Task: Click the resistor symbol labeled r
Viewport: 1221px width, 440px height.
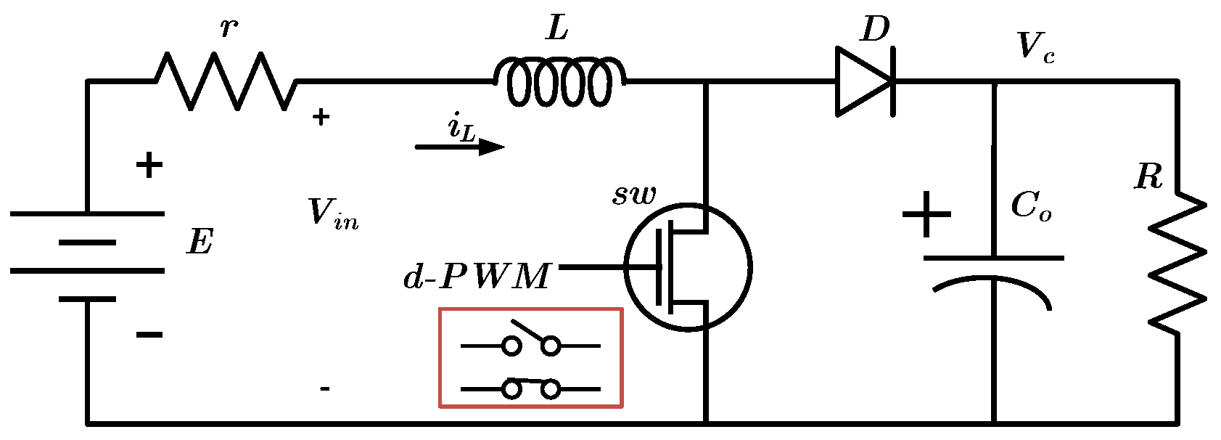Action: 226,81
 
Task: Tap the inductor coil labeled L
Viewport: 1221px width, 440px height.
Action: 559,82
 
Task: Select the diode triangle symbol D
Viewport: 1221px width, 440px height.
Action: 864,81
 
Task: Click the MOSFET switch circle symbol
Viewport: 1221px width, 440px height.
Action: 688,267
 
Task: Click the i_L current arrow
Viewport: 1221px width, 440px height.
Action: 459,147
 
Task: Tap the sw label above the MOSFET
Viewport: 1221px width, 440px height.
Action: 634,195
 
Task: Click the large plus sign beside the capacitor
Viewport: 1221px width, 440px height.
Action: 926,214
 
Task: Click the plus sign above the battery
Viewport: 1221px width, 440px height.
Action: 149,166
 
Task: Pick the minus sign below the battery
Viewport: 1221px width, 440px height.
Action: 149,334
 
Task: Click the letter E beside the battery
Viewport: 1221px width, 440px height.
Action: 200,242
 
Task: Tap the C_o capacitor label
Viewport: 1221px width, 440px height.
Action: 1030,206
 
